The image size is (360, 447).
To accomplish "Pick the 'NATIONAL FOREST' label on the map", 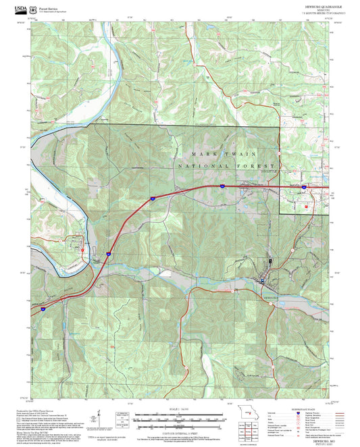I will (226, 166).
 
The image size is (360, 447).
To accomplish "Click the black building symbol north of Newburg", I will (270, 259).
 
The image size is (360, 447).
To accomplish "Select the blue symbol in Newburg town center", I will (263, 280).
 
